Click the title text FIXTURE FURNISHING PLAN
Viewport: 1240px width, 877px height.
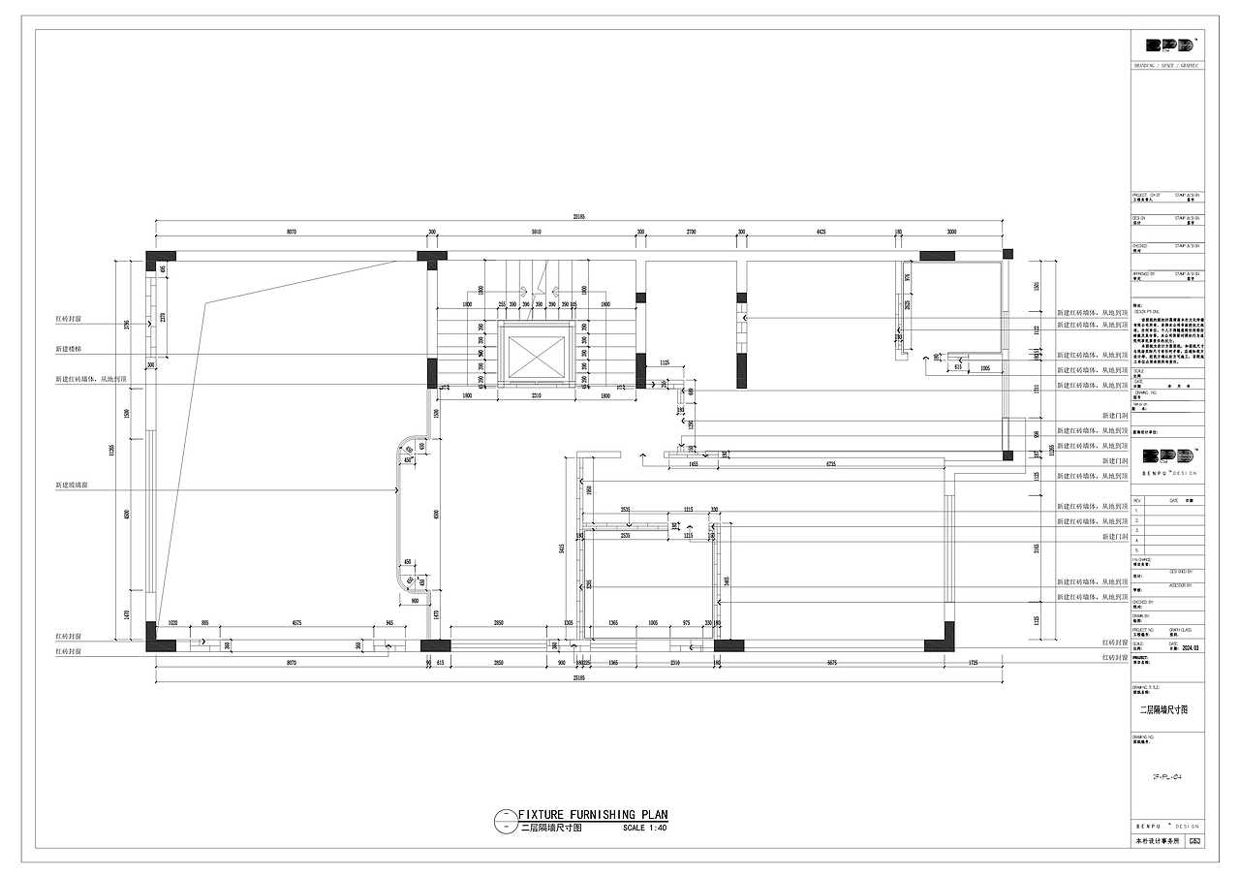[593, 815]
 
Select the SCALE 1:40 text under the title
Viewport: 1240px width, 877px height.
[645, 829]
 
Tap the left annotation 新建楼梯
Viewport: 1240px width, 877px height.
[69, 348]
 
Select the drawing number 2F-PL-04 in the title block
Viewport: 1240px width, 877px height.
[1167, 776]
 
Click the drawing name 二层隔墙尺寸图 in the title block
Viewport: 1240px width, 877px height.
[1162, 709]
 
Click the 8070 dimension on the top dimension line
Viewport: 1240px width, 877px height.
[290, 233]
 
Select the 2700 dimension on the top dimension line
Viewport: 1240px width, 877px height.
[691, 233]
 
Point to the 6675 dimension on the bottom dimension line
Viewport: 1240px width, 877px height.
[831, 664]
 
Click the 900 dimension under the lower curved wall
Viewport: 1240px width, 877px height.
[415, 601]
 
